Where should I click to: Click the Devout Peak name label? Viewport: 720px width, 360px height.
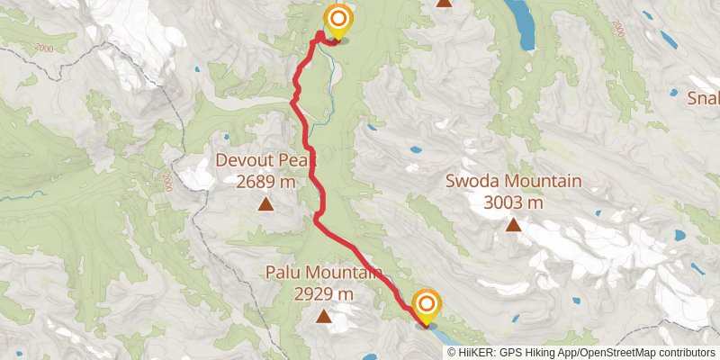[x=266, y=162]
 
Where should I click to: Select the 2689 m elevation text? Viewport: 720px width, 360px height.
[x=266, y=183]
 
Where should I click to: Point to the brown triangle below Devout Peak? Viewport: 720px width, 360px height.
[x=266, y=204]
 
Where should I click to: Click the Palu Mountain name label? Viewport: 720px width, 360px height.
[x=323, y=272]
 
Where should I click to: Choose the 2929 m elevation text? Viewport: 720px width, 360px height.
[x=323, y=293]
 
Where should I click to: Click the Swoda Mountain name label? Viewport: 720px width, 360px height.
[x=513, y=181]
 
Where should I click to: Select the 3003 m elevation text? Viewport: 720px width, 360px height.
[x=513, y=202]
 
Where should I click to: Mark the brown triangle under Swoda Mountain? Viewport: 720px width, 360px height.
[x=513, y=224]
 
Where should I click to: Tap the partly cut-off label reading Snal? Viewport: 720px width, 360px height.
[x=703, y=97]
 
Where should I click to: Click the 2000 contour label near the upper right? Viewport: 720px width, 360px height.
[x=617, y=30]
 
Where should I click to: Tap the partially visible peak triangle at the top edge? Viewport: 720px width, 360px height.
[x=444, y=4]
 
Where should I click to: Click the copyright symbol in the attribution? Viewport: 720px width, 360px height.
[x=453, y=353]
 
